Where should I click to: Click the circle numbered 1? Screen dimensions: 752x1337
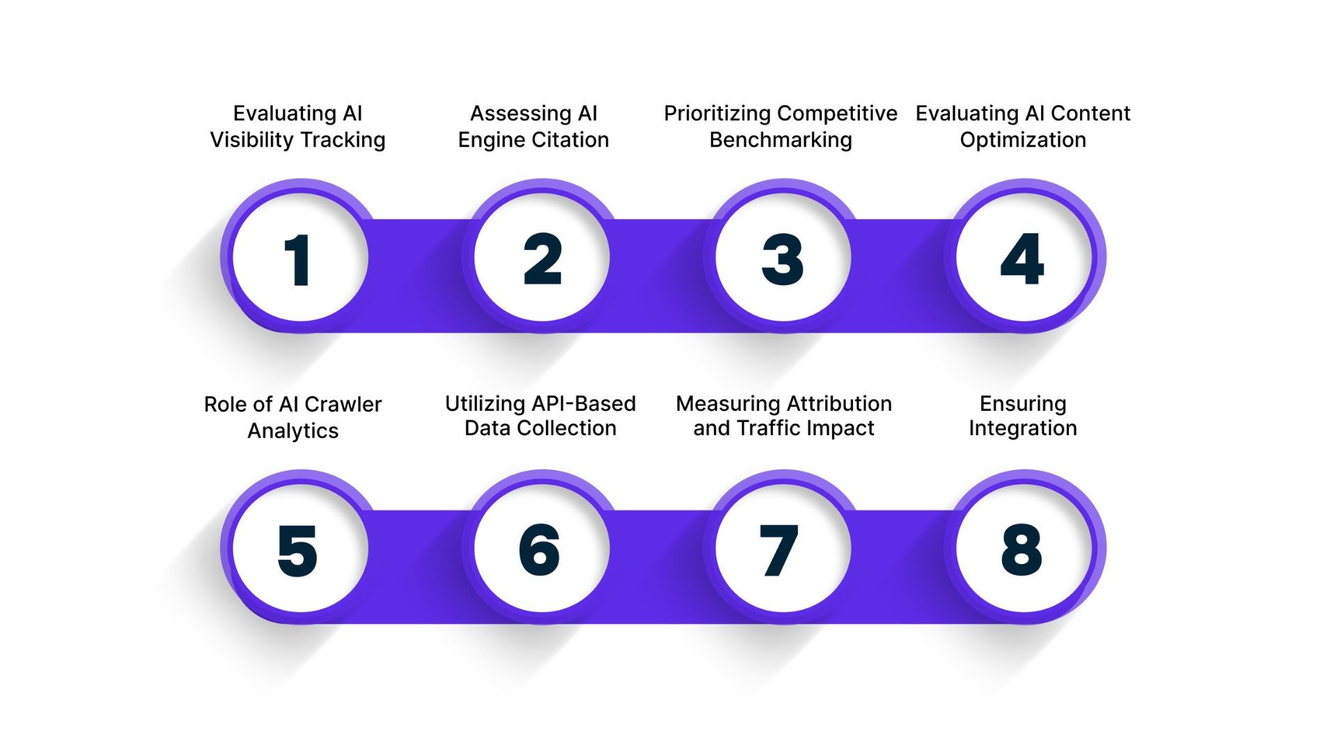click(299, 258)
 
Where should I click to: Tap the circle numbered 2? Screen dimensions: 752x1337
click(542, 258)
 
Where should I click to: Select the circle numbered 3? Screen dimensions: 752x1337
click(783, 258)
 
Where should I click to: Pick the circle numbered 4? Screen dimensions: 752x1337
click(1023, 258)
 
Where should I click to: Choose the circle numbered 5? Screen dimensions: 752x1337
click(299, 549)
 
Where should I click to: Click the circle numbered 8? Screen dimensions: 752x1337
click(1023, 549)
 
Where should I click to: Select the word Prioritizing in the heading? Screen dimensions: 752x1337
click(717, 113)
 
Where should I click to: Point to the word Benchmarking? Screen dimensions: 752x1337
click(781, 140)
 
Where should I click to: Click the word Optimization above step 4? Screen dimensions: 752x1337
click(1023, 140)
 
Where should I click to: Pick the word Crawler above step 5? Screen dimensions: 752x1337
click(343, 405)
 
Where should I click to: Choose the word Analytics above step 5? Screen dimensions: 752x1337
click(293, 431)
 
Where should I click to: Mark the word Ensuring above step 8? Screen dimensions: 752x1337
click(1023, 405)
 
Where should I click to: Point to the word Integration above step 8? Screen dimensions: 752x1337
click(1023, 428)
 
